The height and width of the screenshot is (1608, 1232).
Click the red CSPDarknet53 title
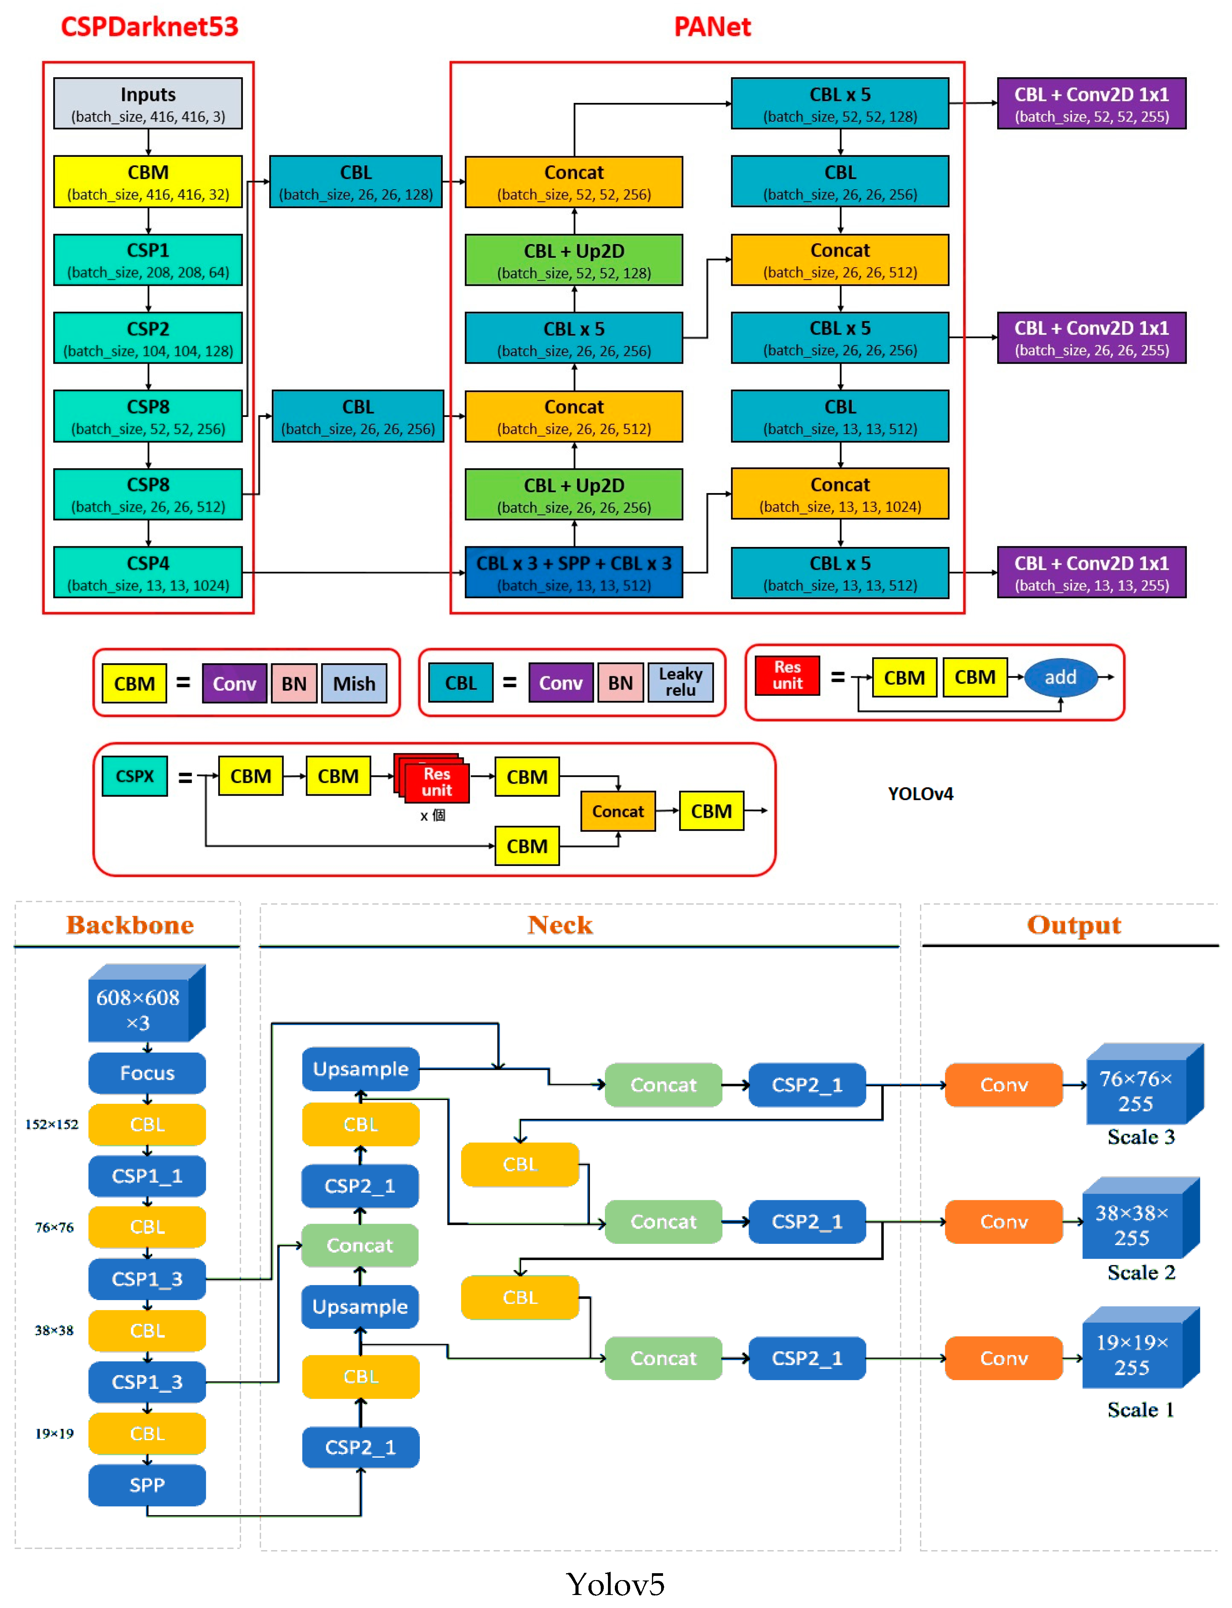[x=150, y=27]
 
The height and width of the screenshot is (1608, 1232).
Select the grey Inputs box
[x=148, y=104]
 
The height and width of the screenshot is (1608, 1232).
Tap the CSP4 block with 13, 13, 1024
[x=148, y=572]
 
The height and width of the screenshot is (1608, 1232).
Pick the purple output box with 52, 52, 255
[x=1091, y=104]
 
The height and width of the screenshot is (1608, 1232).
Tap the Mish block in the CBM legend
[x=354, y=684]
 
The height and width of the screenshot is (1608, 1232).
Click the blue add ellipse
[x=1060, y=677]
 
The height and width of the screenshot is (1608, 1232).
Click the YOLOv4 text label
[x=920, y=794]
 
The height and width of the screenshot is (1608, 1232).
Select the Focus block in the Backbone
[x=147, y=1073]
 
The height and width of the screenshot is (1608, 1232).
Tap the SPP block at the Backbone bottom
[x=147, y=1485]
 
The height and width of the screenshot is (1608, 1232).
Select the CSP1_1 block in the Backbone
[x=147, y=1176]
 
